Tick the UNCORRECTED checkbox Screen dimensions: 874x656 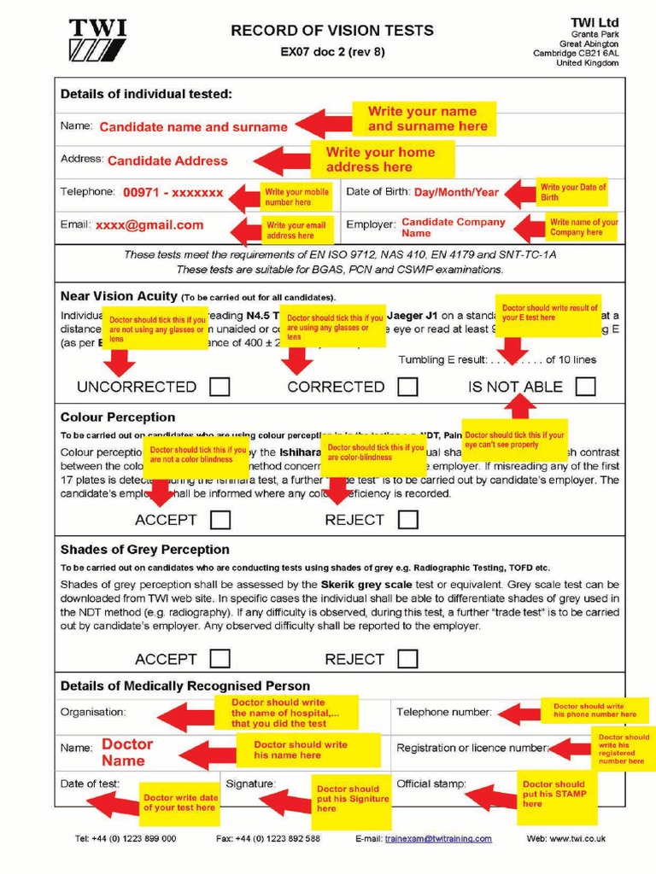click(x=220, y=387)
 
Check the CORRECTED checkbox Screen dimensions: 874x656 click(x=407, y=387)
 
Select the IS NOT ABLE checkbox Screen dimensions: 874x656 click(x=585, y=387)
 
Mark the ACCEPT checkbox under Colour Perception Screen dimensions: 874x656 click(x=220, y=519)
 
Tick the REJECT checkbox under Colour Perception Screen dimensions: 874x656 click(x=407, y=519)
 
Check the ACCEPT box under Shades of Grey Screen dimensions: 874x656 click(x=220, y=659)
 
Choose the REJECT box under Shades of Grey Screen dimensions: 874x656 click(x=407, y=659)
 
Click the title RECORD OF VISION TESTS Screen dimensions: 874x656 click(x=332, y=31)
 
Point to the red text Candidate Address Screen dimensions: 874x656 click(x=167, y=160)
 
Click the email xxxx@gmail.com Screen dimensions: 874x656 click(x=149, y=225)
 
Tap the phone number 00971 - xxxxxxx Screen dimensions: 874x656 click(x=173, y=193)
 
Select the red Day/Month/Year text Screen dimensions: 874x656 click(x=456, y=192)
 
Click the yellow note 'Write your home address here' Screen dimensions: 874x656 click(x=380, y=160)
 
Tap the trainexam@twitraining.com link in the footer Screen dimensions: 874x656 click(x=438, y=839)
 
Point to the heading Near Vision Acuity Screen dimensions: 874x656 click(x=119, y=296)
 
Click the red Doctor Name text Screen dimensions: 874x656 click(x=126, y=752)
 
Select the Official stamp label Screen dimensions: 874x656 click(x=430, y=783)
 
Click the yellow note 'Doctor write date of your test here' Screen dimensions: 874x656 click(x=179, y=802)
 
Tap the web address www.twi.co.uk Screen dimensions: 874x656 click(x=579, y=839)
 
